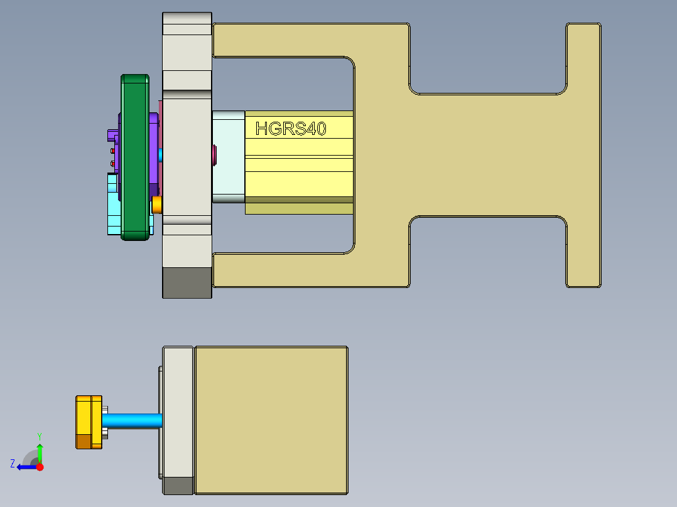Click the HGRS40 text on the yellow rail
[291, 129]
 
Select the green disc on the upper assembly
[135, 157]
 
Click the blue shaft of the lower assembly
[132, 420]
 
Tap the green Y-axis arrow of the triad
[40, 451]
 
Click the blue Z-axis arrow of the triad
[26, 466]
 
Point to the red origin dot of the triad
[40, 467]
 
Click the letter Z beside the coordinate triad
[13, 464]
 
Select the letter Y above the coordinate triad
[39, 435]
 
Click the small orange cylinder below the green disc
[157, 204]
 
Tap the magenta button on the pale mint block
[215, 153]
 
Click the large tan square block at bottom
[271, 419]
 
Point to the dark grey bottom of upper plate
[187, 282]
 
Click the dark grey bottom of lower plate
[178, 486]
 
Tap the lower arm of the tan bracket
[301, 270]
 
